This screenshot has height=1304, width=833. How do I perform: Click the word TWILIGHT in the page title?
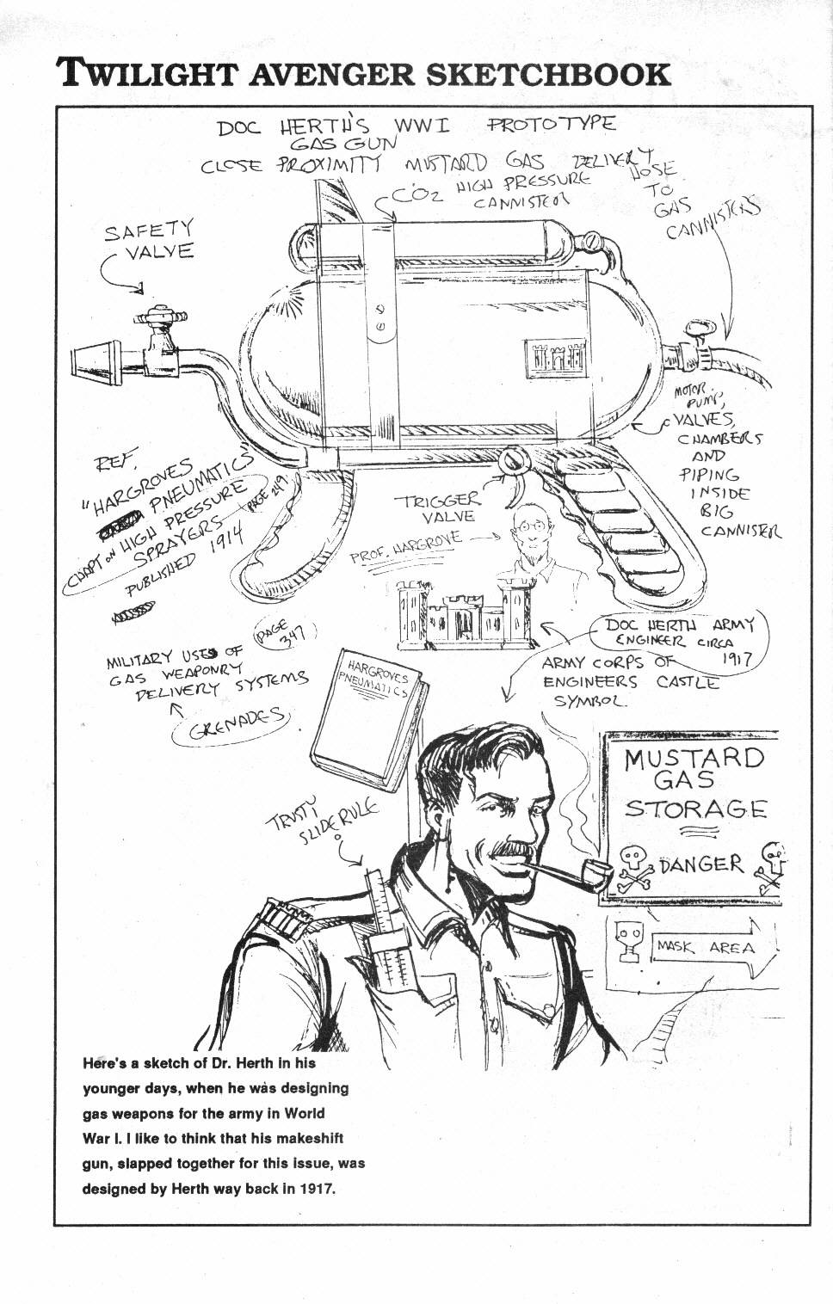click(x=147, y=75)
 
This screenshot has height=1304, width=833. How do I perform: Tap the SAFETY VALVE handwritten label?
click(x=151, y=240)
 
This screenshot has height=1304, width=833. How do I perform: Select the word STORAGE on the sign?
click(x=694, y=809)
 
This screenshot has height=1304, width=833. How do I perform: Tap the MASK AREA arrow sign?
click(x=706, y=948)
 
